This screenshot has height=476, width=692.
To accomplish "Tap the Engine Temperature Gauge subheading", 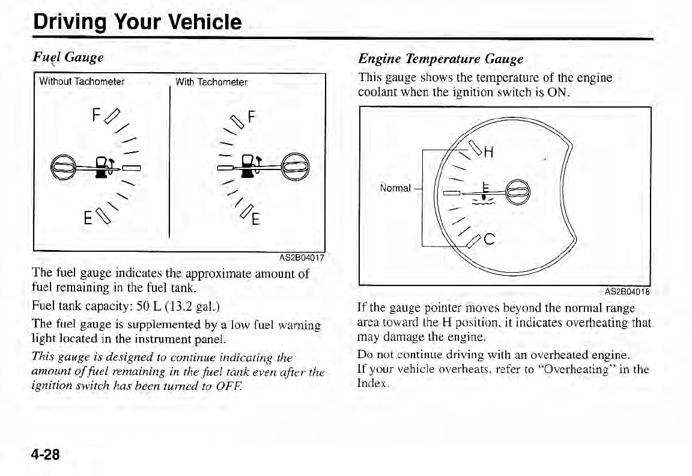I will tap(440, 59).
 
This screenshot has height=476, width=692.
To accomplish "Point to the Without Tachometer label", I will tap(82, 82).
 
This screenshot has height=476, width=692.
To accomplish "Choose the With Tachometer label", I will tap(211, 82).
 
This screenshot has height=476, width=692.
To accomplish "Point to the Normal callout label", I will tap(395, 188).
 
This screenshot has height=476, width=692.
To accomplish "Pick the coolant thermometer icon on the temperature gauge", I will tap(484, 192).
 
